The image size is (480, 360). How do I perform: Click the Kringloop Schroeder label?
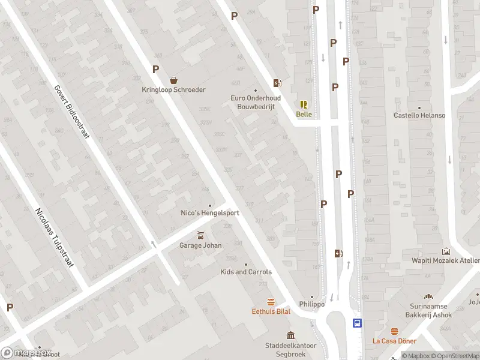click(173, 90)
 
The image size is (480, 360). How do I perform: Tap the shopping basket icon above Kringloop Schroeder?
click(173, 80)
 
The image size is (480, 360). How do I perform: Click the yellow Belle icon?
click(304, 104)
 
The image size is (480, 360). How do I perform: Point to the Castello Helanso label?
click(419, 115)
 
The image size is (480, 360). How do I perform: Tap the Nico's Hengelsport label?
click(210, 213)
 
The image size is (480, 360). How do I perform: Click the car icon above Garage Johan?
click(200, 235)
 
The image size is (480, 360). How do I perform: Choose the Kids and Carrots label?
click(246, 272)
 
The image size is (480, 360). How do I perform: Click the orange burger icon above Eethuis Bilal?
click(271, 302)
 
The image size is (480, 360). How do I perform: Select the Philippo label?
click(312, 304)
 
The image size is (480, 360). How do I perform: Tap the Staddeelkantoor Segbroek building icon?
click(291, 335)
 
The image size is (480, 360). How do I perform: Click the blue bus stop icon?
click(358, 323)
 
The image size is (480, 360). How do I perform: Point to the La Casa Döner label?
click(394, 341)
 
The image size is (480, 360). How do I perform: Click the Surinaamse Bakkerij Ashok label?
click(428, 310)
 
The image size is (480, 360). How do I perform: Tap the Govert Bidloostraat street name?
click(71, 111)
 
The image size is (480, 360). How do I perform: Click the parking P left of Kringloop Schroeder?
click(155, 69)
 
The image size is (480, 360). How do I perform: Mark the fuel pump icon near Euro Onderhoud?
click(277, 83)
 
